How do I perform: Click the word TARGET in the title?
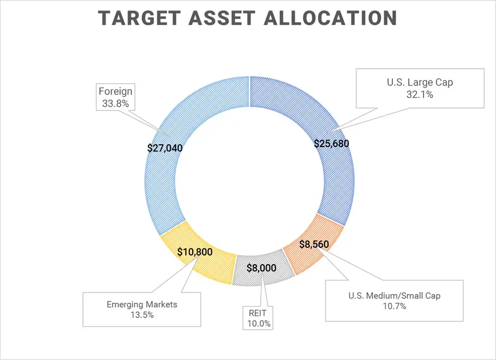[x=139, y=18]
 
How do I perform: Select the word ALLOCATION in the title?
[x=330, y=18]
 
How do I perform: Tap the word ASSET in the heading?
[x=222, y=18]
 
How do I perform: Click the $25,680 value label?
[x=332, y=144]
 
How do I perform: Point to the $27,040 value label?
[x=165, y=148]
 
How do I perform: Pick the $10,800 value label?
[x=195, y=252]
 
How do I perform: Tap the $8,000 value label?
[x=261, y=269]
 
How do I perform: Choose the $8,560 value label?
[x=314, y=244]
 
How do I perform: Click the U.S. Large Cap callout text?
[x=420, y=83]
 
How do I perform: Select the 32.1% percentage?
[x=420, y=95]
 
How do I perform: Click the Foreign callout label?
[x=115, y=91]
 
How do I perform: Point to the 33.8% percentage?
[x=115, y=103]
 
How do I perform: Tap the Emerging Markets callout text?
[x=142, y=304]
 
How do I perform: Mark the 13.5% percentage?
[x=142, y=315]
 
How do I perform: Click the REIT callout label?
[x=258, y=313]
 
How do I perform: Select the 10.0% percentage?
[x=259, y=324]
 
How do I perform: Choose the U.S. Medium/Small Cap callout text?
[x=395, y=296]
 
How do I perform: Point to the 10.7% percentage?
[x=395, y=306]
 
